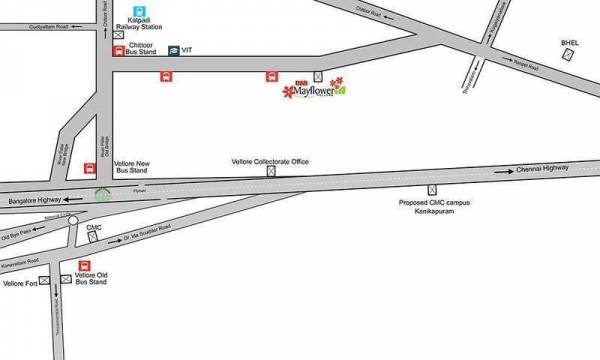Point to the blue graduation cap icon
click(173, 49)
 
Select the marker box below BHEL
click(567, 56)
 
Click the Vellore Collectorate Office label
click(270, 161)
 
